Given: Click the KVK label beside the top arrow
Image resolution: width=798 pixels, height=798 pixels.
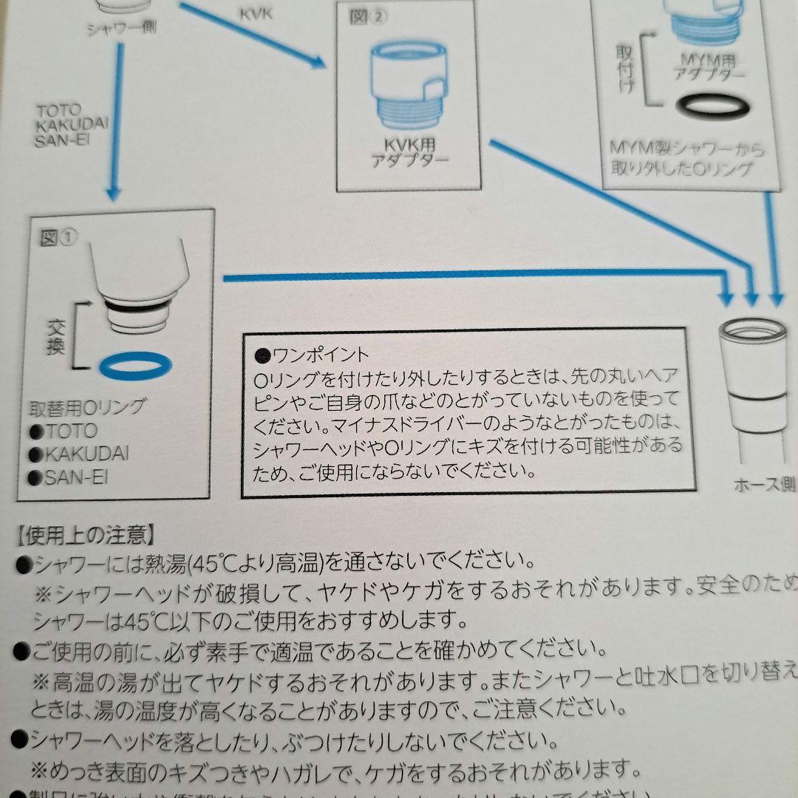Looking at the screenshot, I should pyautogui.click(x=256, y=14).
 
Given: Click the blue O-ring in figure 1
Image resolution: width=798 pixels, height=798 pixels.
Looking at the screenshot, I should pyautogui.click(x=134, y=364).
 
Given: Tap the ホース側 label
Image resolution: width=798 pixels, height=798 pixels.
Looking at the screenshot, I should pyautogui.click(x=764, y=485).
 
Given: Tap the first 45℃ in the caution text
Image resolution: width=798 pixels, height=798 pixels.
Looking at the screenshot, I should pyautogui.click(x=211, y=563).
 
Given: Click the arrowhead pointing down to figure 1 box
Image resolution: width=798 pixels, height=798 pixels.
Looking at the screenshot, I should pyautogui.click(x=112, y=194).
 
